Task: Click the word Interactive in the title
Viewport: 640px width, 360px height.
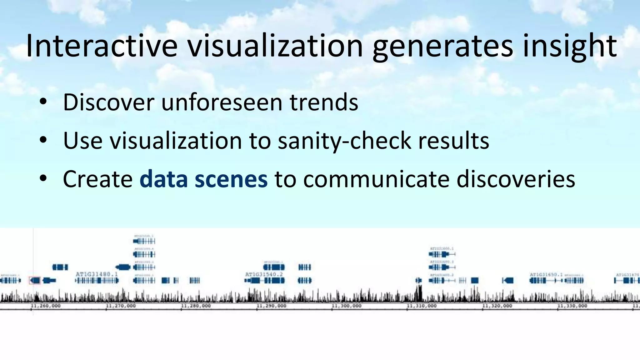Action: [102, 46]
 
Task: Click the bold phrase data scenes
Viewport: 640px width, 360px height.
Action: [203, 179]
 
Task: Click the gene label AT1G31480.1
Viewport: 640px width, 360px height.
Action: [97, 274]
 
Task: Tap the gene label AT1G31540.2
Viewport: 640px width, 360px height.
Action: [264, 274]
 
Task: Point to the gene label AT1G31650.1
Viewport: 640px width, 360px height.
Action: [546, 274]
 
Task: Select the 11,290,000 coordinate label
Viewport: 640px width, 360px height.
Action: [271, 306]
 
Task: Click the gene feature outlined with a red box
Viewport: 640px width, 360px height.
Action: [35, 281]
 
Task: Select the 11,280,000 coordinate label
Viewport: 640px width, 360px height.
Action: [196, 306]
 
